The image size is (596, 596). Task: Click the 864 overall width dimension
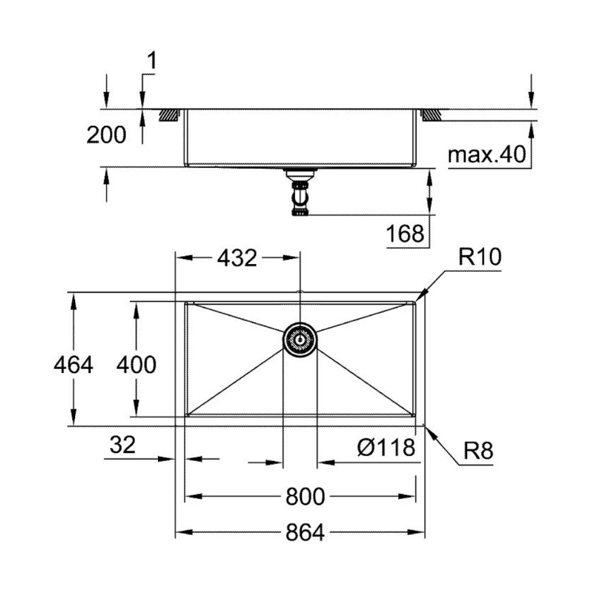pos(305,532)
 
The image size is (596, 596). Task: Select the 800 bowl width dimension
pos(305,496)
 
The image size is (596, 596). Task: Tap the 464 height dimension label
pos(73,365)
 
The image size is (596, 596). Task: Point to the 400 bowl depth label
pos(136,365)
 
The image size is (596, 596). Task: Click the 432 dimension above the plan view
pos(237,258)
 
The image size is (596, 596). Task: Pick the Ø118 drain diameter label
pos(386,448)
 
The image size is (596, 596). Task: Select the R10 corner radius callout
pos(480,257)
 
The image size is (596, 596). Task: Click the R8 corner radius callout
pos(478,451)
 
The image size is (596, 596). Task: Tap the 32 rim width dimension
pos(122,445)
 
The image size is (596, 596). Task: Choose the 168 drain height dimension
pos(405,234)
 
